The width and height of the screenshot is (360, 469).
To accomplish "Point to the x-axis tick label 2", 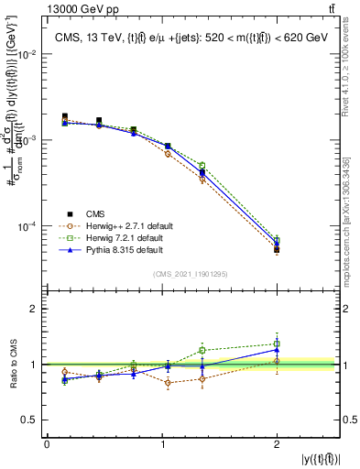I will tap(277, 442).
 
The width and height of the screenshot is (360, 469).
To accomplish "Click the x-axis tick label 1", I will tap(162, 442).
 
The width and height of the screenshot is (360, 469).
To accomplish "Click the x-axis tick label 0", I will tap(47, 442).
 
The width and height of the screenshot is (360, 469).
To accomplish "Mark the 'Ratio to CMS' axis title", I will tap(12, 364).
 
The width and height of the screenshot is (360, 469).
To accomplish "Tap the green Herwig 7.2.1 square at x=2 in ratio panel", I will tap(277, 344).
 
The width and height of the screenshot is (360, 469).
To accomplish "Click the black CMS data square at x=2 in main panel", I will tap(277, 249).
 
